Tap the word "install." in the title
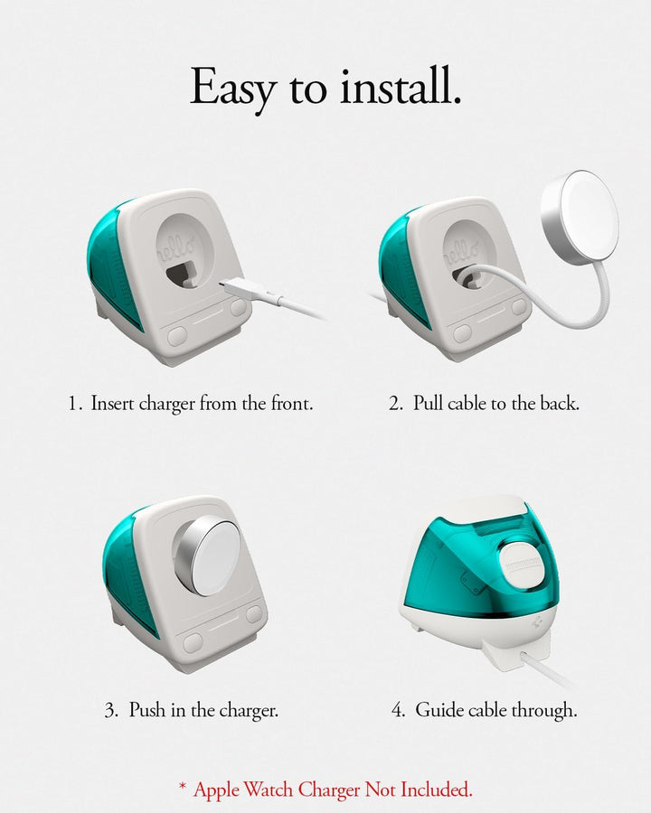coord(401,86)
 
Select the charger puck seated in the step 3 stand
coord(208,556)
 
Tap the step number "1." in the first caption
coord(75,404)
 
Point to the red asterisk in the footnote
coord(183,787)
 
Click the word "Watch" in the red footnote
coord(269,790)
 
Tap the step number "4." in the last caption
coord(398,709)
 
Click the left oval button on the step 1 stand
coord(177,334)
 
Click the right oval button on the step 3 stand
coord(254,614)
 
